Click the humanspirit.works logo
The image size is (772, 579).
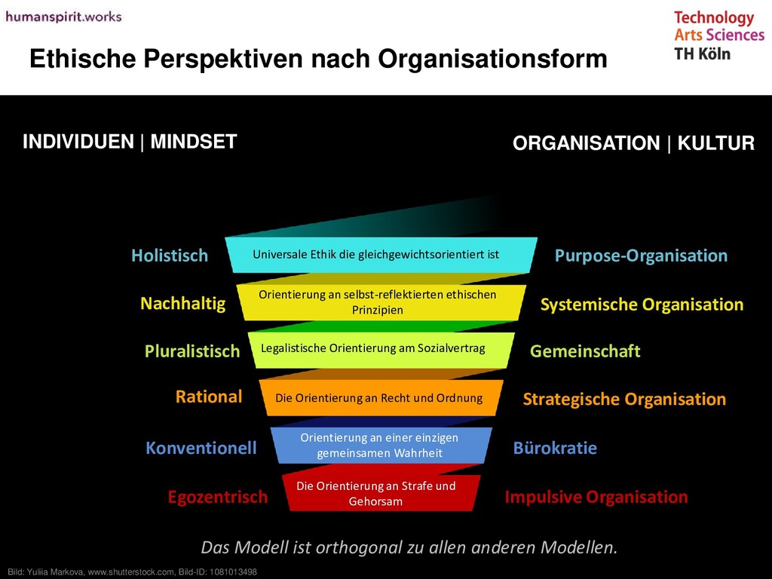point(63,16)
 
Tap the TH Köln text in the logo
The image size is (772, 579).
point(702,54)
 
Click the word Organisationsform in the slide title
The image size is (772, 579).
point(492,59)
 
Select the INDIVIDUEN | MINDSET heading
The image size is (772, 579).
point(130,142)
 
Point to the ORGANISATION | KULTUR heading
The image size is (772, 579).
point(633,143)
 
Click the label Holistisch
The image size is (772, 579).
point(170,256)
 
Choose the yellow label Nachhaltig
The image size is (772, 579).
point(182,304)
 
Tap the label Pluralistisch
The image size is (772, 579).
point(192,351)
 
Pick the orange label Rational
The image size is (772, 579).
point(209,397)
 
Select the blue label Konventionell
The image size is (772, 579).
point(201,449)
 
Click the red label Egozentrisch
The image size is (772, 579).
point(217,497)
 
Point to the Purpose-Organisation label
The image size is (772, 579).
point(641,256)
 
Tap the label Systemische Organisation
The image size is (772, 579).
point(642,305)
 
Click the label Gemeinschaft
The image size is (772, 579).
point(585,351)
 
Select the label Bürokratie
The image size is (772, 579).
point(555,449)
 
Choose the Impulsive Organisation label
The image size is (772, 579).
point(596,497)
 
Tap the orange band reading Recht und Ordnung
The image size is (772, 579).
point(378,398)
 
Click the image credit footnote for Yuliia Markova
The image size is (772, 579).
point(132,572)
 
